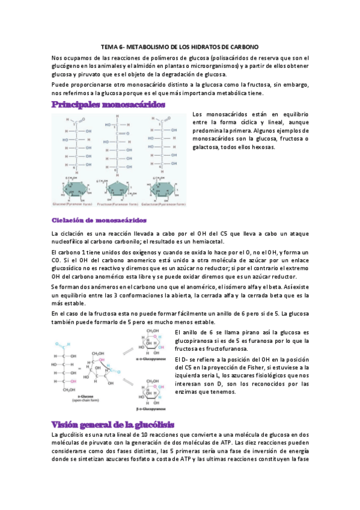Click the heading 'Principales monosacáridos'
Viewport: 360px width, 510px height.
click(x=108, y=105)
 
